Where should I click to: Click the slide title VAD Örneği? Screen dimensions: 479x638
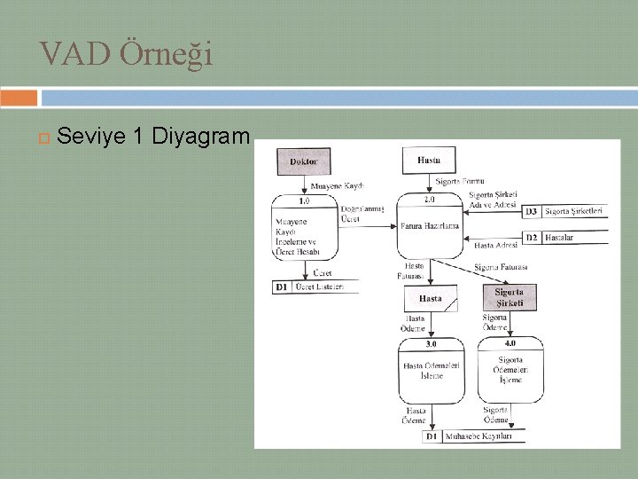pos(126,55)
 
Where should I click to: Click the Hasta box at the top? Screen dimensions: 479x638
pos(430,161)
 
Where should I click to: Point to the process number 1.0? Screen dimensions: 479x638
pos(304,200)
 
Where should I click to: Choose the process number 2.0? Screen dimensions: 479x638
pos(429,200)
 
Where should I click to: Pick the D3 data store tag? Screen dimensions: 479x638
pos(530,211)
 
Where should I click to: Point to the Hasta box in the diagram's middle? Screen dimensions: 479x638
pos(430,299)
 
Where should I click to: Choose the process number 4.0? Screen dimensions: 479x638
pos(510,343)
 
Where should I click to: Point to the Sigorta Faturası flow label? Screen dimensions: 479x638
pos(501,267)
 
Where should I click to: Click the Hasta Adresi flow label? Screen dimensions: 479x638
pos(496,245)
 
